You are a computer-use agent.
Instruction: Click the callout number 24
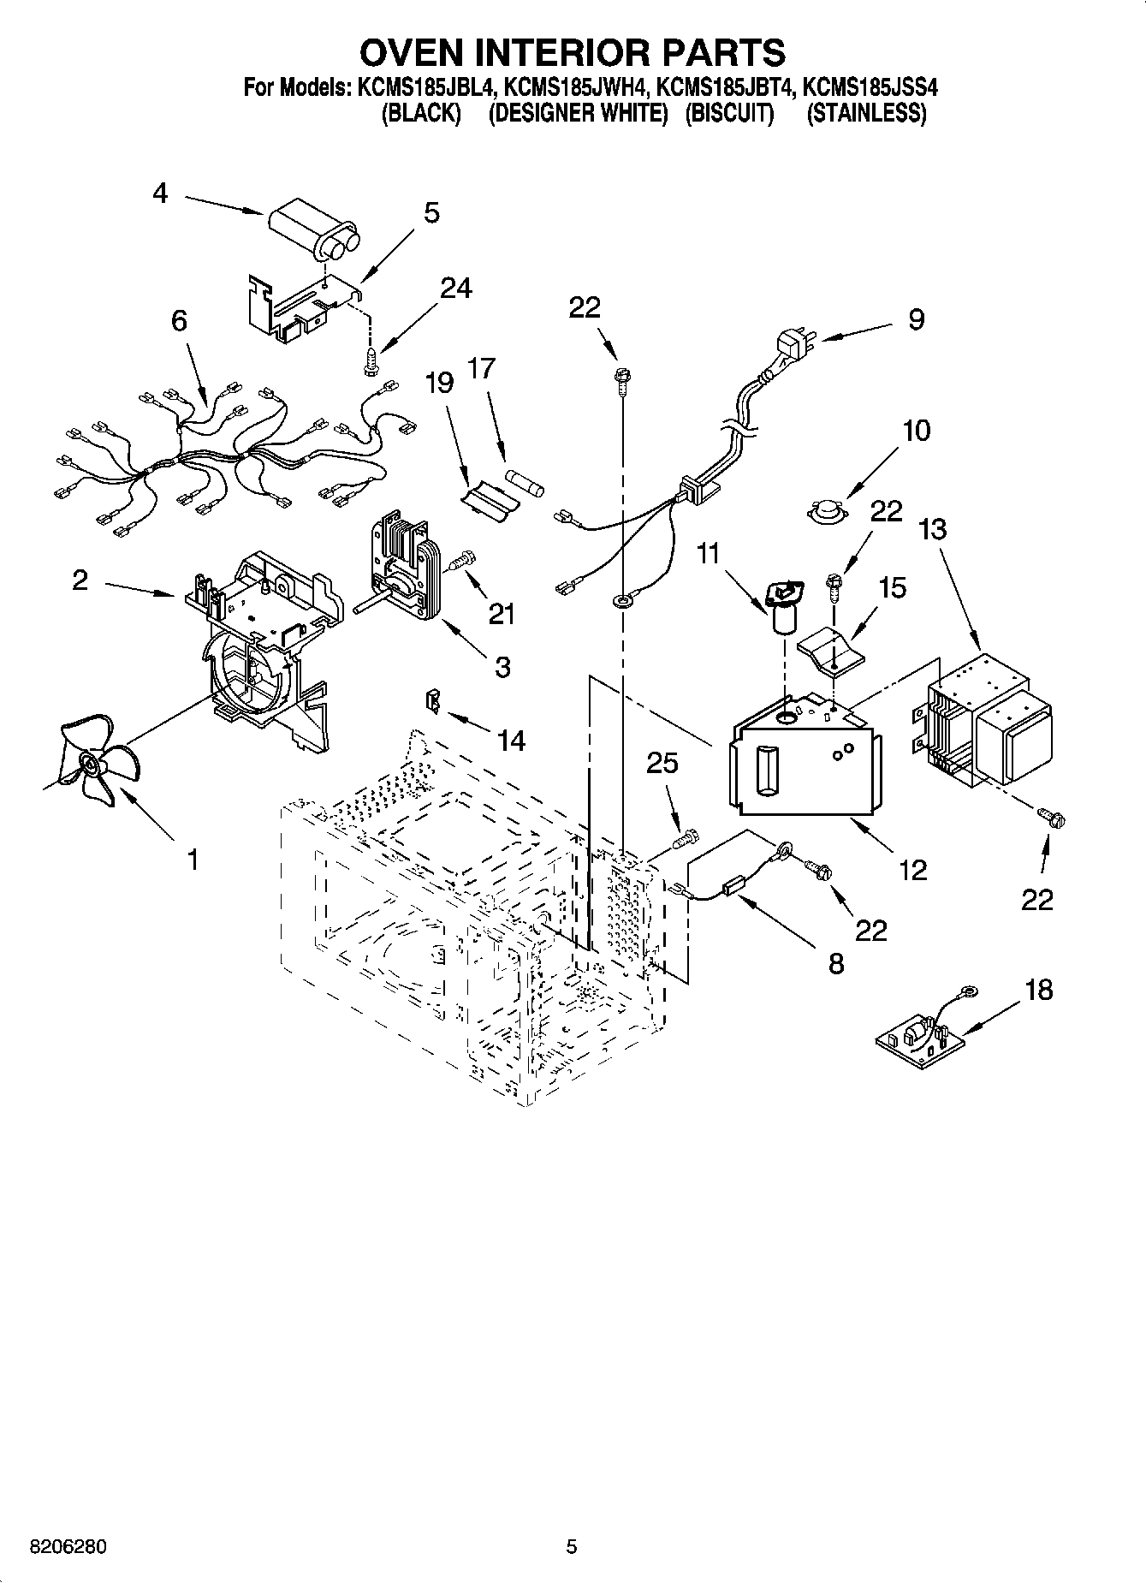[x=454, y=289]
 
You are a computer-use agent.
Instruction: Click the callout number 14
[x=512, y=740]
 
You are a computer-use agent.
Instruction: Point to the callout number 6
[x=179, y=321]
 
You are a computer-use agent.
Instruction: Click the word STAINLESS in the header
[x=866, y=113]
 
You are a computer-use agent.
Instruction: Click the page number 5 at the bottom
[x=572, y=1547]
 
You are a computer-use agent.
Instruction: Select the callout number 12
[x=913, y=870]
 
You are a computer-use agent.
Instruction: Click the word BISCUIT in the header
[x=729, y=113]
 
